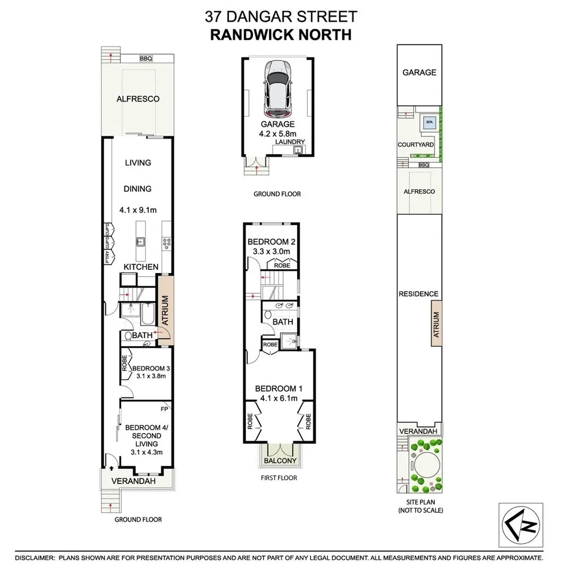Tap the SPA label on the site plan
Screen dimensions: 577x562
(429, 122)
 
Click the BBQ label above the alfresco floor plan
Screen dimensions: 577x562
(145, 58)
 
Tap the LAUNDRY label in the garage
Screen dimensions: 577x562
(291, 142)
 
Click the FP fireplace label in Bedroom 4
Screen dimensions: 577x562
(164, 409)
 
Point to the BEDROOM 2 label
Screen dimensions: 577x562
(271, 241)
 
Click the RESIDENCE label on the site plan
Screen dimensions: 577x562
(418, 294)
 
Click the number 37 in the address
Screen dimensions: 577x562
(213, 17)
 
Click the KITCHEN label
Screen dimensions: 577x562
(141, 267)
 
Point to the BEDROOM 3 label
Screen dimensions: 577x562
(151, 368)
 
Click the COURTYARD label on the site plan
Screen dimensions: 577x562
(416, 145)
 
